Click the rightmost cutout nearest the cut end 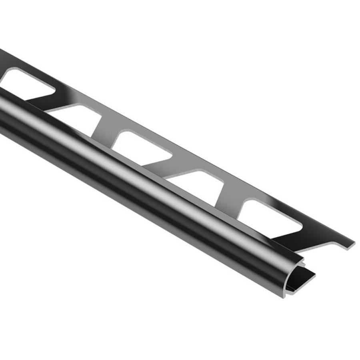pyautogui.click(x=268, y=216)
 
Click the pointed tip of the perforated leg pyautogui.click(x=352, y=243)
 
